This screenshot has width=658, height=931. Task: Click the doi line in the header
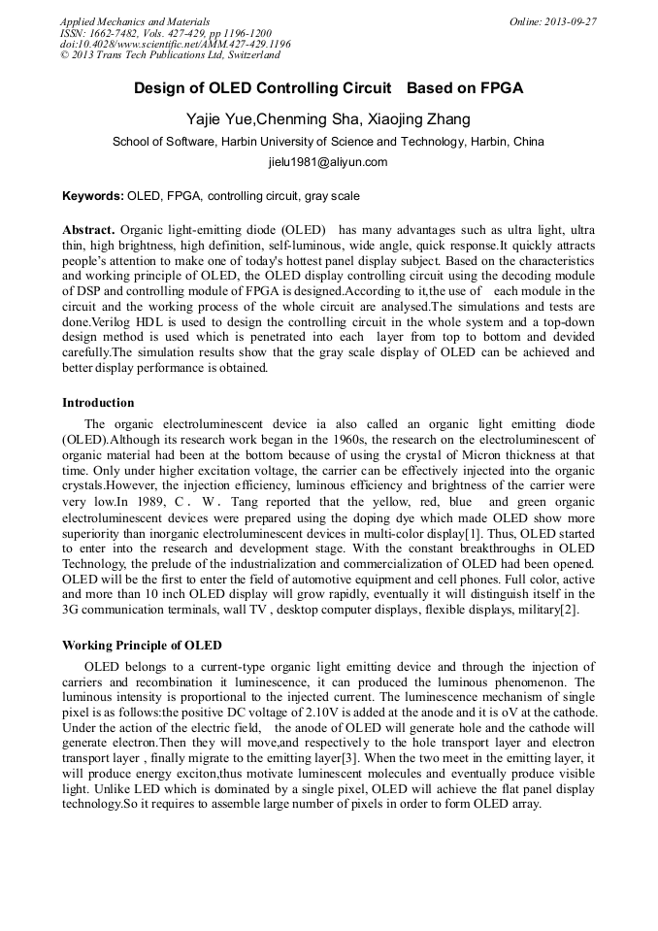pyautogui.click(x=175, y=45)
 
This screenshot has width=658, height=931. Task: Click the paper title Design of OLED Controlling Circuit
pyautogui.click(x=262, y=88)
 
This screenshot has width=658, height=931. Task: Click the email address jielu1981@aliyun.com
pyautogui.click(x=328, y=162)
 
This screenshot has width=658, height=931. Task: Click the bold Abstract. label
pyautogui.click(x=89, y=229)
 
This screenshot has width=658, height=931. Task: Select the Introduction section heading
pyautogui.click(x=98, y=403)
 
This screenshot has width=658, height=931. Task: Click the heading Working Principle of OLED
pyautogui.click(x=142, y=646)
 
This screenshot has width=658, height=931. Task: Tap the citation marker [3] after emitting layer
pyautogui.click(x=380, y=758)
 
